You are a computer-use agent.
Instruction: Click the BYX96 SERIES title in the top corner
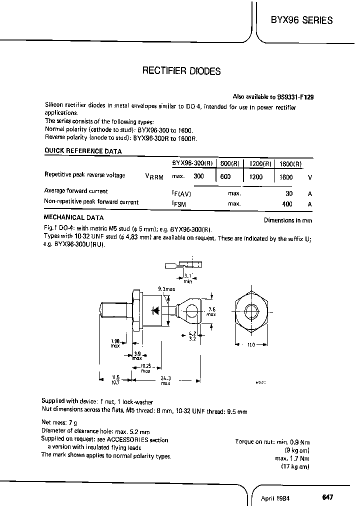(x=301, y=20)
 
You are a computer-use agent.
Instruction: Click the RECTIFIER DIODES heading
(x=181, y=71)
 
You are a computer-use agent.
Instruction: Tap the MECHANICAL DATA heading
(x=74, y=217)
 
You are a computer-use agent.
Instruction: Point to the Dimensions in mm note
(x=288, y=220)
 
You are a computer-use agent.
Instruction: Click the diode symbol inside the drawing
(x=155, y=310)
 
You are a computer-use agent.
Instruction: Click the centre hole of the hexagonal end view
(x=251, y=310)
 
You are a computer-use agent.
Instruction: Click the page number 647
(x=327, y=497)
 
